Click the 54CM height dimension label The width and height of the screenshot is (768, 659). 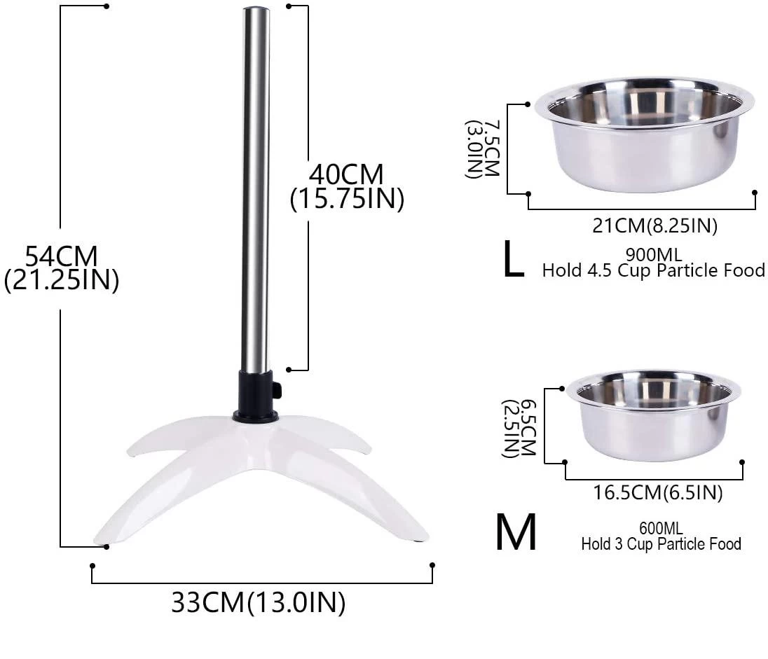(x=61, y=267)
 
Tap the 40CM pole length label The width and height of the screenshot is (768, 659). (x=347, y=186)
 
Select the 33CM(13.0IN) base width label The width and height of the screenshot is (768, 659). (x=258, y=602)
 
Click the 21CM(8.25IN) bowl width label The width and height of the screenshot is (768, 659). (x=645, y=226)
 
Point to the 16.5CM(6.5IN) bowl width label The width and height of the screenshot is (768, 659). (x=657, y=493)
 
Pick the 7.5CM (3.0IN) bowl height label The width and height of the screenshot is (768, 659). (x=484, y=148)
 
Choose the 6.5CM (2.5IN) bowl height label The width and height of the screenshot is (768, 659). (x=519, y=427)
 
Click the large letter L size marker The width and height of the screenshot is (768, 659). (x=513, y=261)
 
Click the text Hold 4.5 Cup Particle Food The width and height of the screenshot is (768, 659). (x=652, y=270)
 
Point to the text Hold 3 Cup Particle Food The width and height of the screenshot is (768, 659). (x=660, y=543)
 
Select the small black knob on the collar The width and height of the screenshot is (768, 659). (x=277, y=390)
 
